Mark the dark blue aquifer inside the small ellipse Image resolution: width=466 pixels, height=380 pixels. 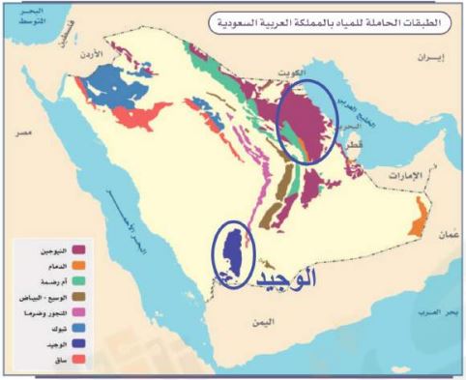pyautogui.click(x=230, y=253)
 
